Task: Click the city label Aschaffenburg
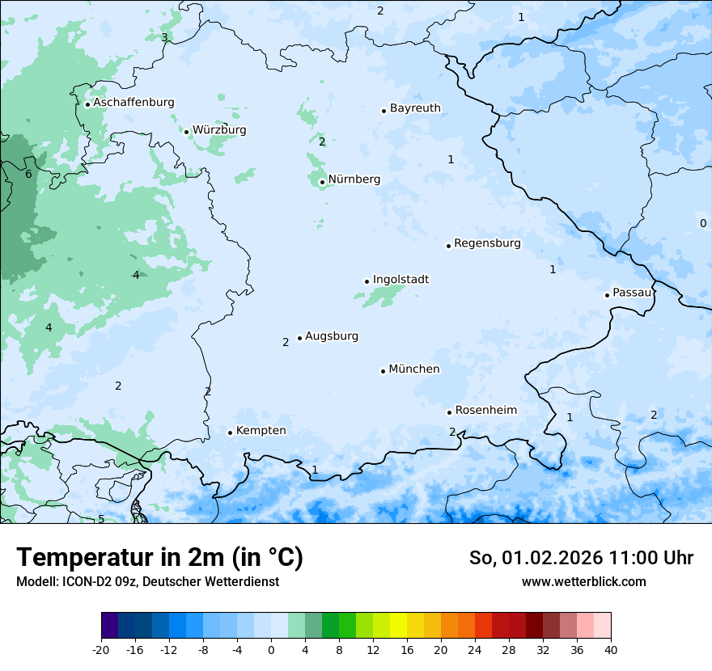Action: point(133,103)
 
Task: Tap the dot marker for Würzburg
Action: point(186,132)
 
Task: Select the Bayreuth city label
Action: point(415,108)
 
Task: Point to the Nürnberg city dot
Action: point(322,182)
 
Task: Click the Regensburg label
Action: point(487,243)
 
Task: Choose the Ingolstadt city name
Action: point(400,280)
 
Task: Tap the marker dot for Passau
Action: point(607,295)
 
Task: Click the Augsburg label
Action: point(331,336)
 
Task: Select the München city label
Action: point(413,369)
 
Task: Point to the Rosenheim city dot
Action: point(449,412)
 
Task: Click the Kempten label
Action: point(261,431)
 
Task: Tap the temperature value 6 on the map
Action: point(28,174)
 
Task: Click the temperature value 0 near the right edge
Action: point(702,223)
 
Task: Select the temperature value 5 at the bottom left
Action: point(101,518)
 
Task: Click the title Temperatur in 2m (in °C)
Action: point(159,557)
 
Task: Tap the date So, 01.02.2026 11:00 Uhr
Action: point(581,558)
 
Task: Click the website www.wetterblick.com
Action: point(583,581)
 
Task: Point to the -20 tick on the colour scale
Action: point(101,649)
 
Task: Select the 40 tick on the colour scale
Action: point(611,649)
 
